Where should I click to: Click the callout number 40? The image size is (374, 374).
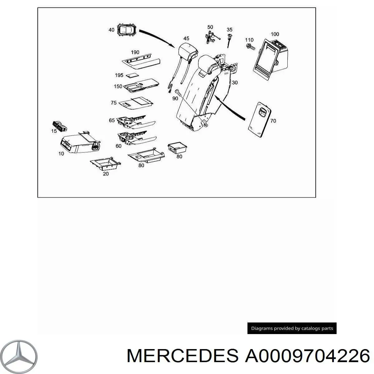(111, 30)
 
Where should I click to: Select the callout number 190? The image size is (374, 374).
(135, 52)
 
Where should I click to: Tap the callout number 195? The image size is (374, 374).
(119, 75)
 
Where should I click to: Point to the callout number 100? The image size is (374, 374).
(275, 34)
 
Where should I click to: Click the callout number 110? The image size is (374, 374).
(249, 40)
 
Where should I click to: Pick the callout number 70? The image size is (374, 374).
(273, 121)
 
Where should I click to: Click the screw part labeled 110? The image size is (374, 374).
(250, 47)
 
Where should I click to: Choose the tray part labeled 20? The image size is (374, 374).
(105, 163)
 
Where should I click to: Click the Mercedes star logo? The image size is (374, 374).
(22, 355)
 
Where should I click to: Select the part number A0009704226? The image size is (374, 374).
(307, 356)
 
